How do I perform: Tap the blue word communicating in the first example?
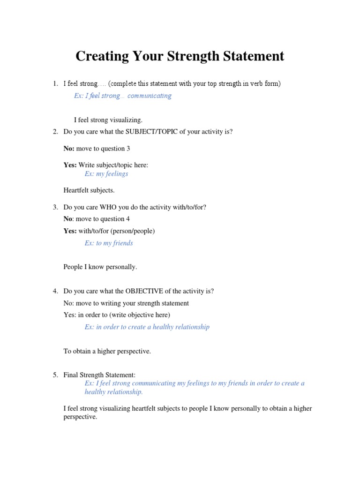150,96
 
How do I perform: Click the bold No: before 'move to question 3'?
69,149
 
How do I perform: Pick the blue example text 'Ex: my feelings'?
106,173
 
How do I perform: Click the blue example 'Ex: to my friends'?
109,243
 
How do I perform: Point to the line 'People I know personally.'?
100,267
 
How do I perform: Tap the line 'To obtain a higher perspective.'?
107,351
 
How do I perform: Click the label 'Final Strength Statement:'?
99,375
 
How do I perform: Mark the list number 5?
55,375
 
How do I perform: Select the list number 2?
55,132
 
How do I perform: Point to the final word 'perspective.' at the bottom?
80,416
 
